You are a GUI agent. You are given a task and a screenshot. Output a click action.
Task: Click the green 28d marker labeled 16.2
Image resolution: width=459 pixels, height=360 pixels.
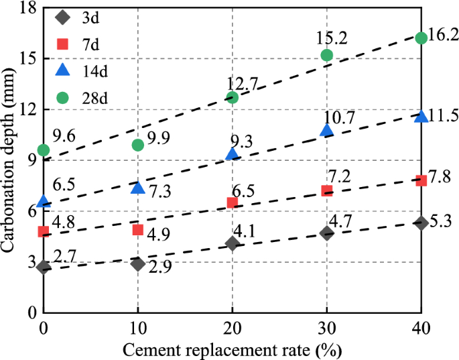tap(421, 38)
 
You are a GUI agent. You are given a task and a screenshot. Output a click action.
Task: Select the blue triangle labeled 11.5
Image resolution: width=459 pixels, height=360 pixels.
tap(421, 117)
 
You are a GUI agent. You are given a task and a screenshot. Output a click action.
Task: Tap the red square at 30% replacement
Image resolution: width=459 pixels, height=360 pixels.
tap(326, 190)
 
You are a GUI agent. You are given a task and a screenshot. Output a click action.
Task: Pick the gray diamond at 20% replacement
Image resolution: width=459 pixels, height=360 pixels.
tap(233, 243)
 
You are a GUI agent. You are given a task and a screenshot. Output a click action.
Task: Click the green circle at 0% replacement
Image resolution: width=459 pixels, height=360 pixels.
tap(44, 150)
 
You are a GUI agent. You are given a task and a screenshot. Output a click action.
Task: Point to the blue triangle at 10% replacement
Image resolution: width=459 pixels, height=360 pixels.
tap(138, 188)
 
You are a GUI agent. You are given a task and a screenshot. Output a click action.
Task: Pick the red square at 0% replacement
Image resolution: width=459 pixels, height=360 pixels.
tap(44, 232)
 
